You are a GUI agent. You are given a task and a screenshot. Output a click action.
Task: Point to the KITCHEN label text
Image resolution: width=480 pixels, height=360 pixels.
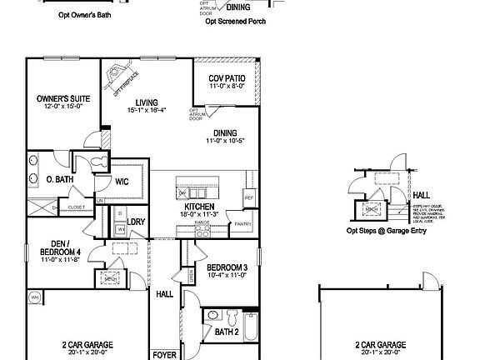[x=200, y=206]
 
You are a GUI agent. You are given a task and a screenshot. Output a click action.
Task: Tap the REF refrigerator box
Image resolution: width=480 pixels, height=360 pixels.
[x=248, y=197]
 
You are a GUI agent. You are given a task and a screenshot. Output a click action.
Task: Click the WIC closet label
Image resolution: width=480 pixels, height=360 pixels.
[x=122, y=181]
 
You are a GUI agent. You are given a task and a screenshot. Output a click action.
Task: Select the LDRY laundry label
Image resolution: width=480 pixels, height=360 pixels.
[x=136, y=222]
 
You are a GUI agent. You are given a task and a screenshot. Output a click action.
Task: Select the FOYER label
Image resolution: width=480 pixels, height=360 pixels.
[x=163, y=354]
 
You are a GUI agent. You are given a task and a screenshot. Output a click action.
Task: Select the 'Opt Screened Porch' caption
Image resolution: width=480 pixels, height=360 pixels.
[x=236, y=22]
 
